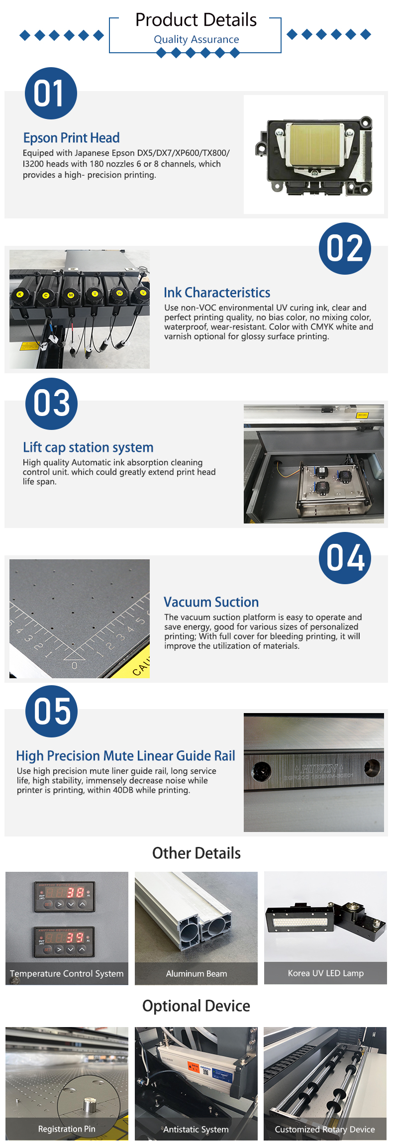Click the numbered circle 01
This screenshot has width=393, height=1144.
click(51, 93)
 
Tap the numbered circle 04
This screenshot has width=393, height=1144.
click(345, 558)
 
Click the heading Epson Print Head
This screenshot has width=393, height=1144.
click(71, 138)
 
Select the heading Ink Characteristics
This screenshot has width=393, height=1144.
click(217, 293)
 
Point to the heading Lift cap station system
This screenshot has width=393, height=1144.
click(88, 447)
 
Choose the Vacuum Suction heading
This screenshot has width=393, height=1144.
click(211, 602)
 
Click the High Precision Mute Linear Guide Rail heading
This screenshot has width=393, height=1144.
click(125, 756)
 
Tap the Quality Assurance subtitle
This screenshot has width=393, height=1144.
click(196, 39)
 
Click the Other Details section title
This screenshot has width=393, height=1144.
click(196, 853)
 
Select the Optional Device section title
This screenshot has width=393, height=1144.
click(196, 1006)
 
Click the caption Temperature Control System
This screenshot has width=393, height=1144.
click(67, 974)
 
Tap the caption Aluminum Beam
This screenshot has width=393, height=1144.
click(196, 974)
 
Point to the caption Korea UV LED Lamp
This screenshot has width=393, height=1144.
click(326, 973)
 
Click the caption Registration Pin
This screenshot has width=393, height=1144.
click(67, 1129)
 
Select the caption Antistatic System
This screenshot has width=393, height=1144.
click(196, 1130)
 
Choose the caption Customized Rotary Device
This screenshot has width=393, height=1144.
click(325, 1130)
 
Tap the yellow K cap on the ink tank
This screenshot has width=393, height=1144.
click(20, 295)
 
